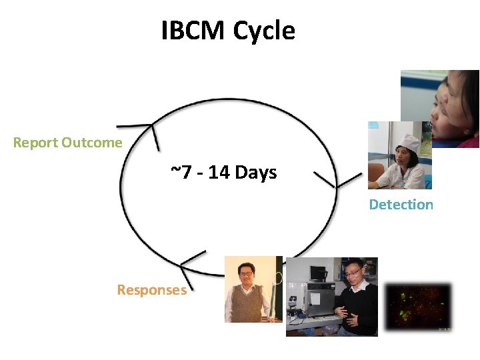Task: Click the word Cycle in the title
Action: [x=264, y=31]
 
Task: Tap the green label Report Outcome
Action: [x=68, y=143]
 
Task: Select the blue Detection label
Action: [x=401, y=205]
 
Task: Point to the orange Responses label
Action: [x=151, y=290]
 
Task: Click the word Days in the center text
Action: [x=255, y=173]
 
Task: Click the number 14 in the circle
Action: [x=219, y=173]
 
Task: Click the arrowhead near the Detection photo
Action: [x=333, y=183]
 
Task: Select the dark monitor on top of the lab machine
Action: [x=317, y=273]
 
